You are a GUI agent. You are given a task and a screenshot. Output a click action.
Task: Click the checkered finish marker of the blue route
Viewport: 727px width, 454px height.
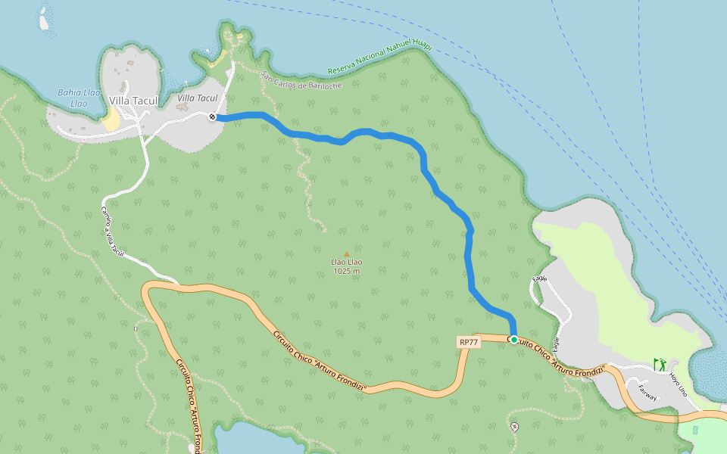213,116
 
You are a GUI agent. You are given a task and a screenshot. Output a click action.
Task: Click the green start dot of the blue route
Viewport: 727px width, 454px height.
514,340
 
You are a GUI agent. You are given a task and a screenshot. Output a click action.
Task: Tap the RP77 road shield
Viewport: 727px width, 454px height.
469,342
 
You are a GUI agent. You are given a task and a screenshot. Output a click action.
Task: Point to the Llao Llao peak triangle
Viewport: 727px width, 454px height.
347,254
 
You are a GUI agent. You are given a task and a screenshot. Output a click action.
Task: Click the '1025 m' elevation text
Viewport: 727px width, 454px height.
347,271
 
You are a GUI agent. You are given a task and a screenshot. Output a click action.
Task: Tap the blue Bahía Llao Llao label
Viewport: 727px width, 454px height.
79,98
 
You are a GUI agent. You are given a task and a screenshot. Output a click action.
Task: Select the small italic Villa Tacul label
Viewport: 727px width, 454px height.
197,98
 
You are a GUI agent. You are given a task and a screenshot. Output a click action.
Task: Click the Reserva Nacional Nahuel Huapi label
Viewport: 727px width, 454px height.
379,58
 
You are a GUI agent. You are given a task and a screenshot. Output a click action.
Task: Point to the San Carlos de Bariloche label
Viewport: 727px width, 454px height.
301,80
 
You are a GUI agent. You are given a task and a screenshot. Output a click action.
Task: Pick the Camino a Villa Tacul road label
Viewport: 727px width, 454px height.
111,230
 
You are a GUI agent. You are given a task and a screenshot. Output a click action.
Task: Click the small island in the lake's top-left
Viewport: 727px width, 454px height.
44,21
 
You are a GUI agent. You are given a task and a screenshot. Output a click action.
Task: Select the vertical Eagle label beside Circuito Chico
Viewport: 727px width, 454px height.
557,344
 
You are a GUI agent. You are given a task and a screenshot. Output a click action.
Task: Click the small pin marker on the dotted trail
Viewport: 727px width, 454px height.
515,428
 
